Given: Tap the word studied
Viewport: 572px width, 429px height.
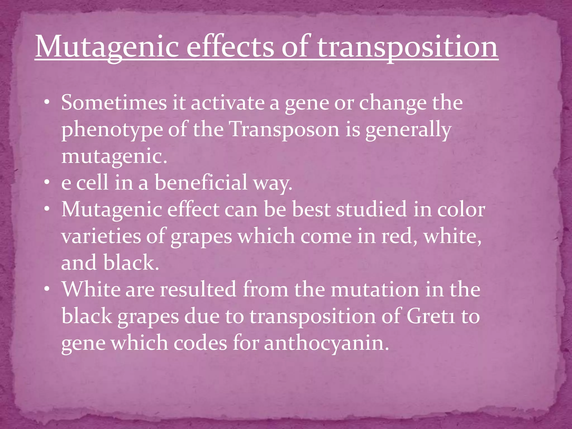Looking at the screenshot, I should (371, 209).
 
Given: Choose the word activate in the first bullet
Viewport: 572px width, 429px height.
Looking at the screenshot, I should (228, 103).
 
